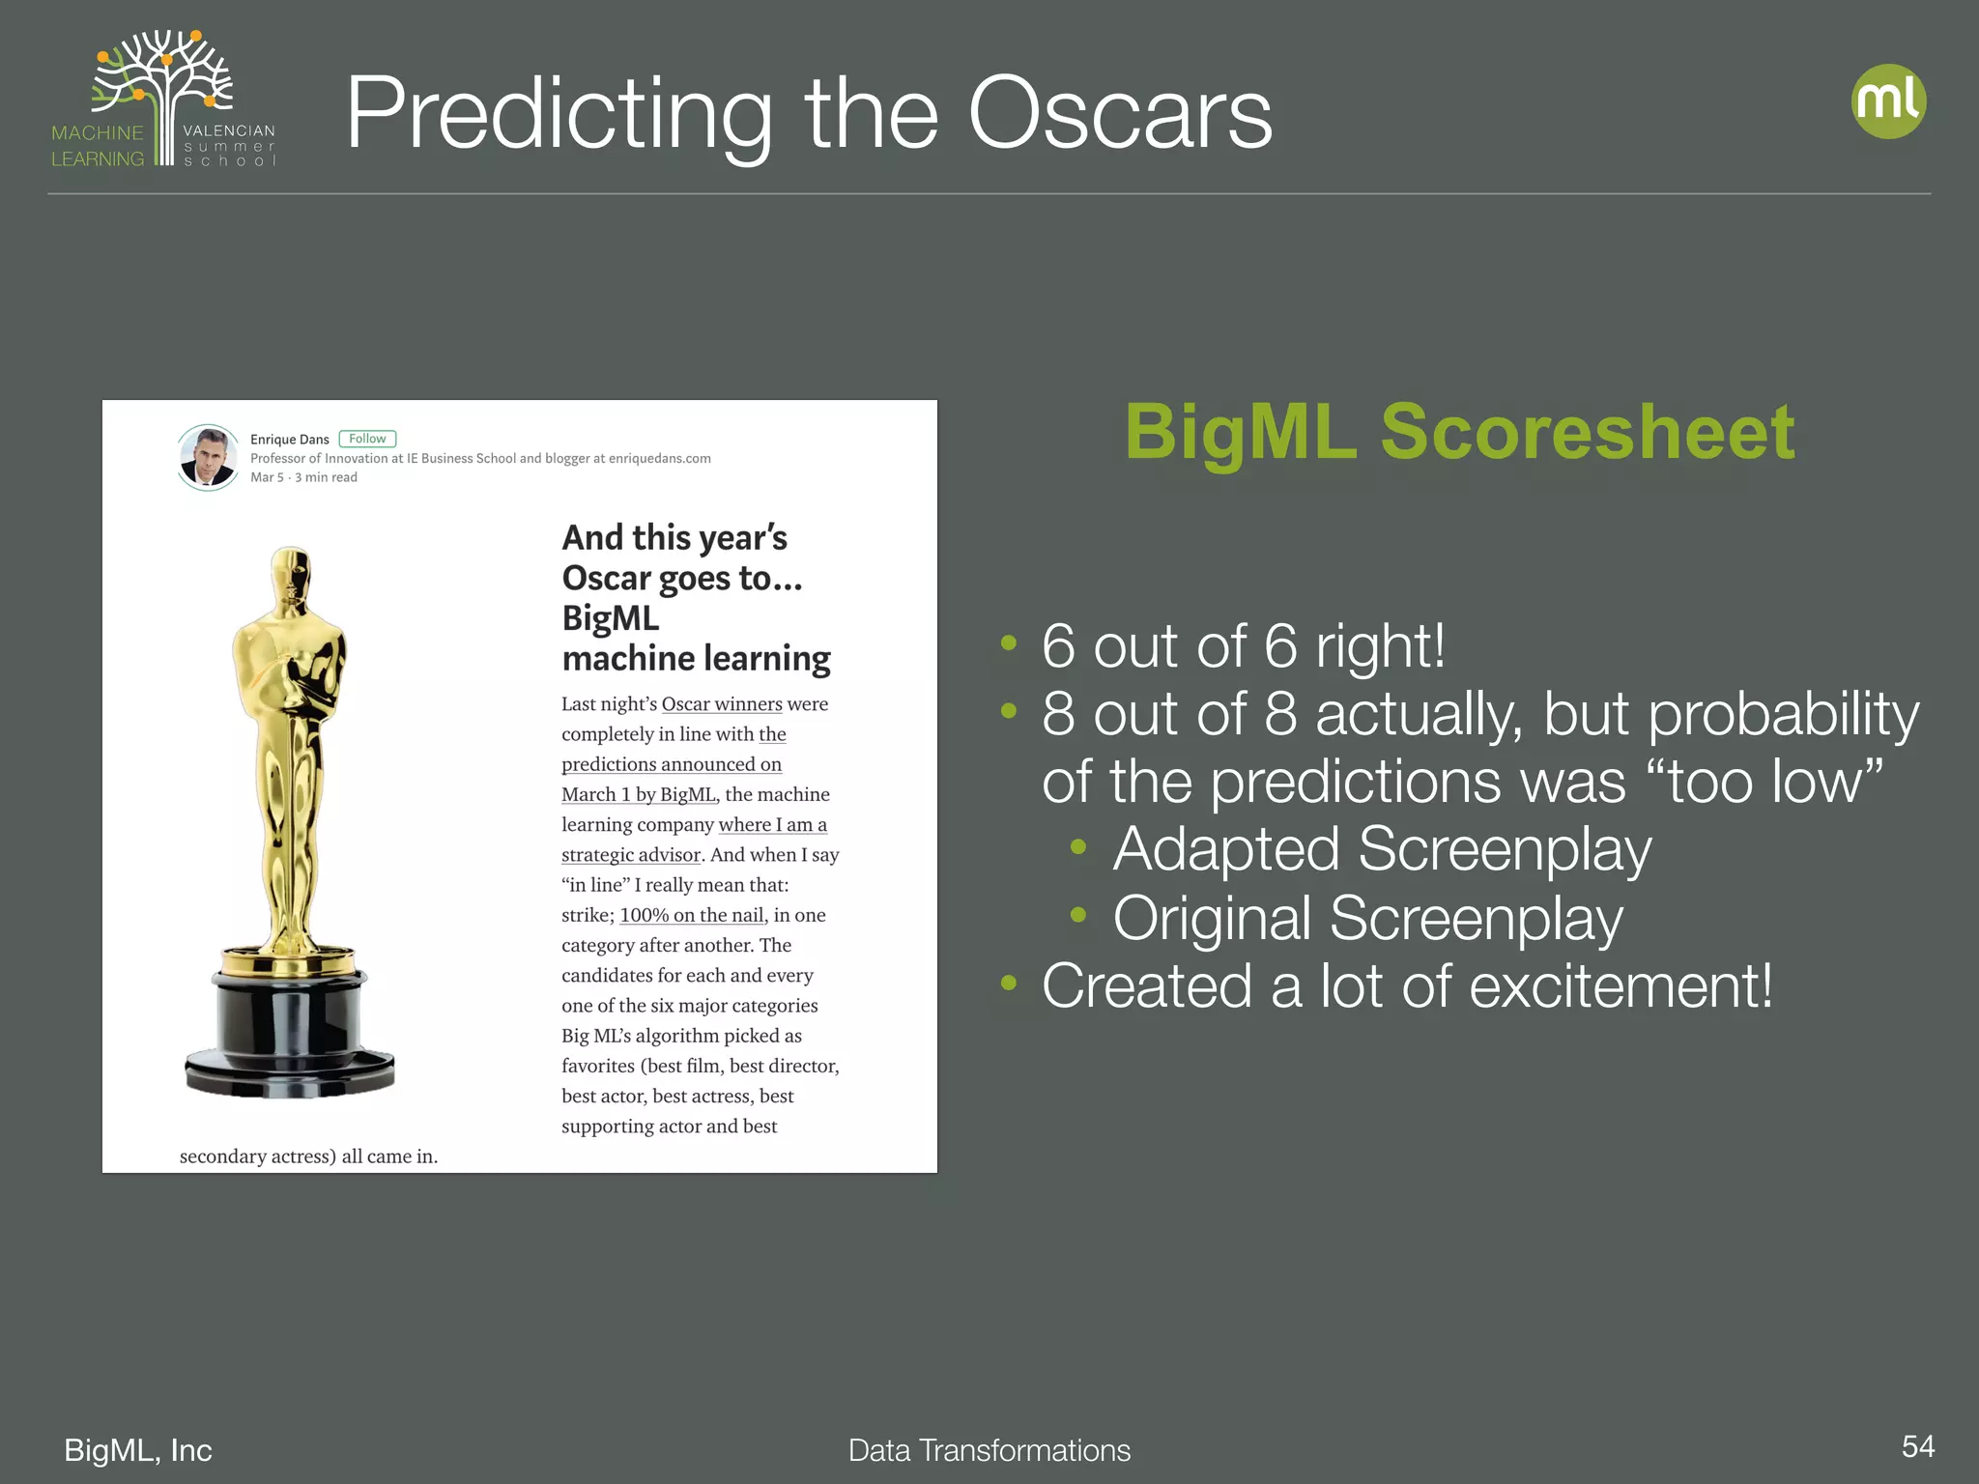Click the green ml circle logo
coord(1888,101)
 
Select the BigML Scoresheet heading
coord(1459,431)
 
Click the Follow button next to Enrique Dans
coord(367,439)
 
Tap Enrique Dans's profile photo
coord(208,457)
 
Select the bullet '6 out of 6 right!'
coord(1243,645)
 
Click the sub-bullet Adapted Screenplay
coord(1382,849)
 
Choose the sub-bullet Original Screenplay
coord(1367,918)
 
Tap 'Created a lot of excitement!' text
coord(1407,986)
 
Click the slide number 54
coord(1917,1446)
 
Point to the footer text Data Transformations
coord(989,1450)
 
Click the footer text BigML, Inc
coord(138,1450)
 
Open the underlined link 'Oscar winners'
coord(721,704)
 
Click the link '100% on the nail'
coord(692,915)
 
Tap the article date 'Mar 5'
coord(267,477)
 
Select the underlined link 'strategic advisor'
coord(630,855)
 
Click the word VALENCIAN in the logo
coord(229,130)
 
